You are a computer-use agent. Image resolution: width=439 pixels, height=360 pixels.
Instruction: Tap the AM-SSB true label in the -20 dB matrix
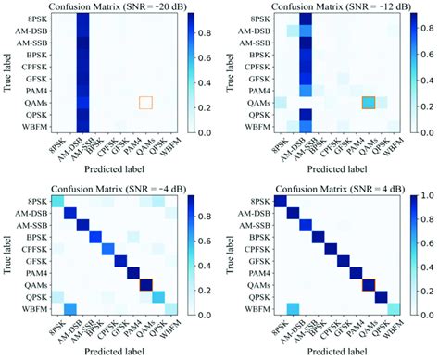(28, 44)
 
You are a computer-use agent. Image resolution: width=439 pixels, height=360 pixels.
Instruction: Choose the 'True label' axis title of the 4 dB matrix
(228, 255)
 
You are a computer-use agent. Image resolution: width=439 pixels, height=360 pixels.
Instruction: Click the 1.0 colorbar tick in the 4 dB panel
(425, 196)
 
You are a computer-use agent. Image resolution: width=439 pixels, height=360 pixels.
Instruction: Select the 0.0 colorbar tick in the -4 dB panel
(208, 316)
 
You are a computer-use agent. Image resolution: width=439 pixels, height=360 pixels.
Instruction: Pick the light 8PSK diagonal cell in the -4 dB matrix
(56, 203)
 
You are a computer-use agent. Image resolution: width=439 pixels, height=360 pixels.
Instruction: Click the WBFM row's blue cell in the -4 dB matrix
(69, 308)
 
